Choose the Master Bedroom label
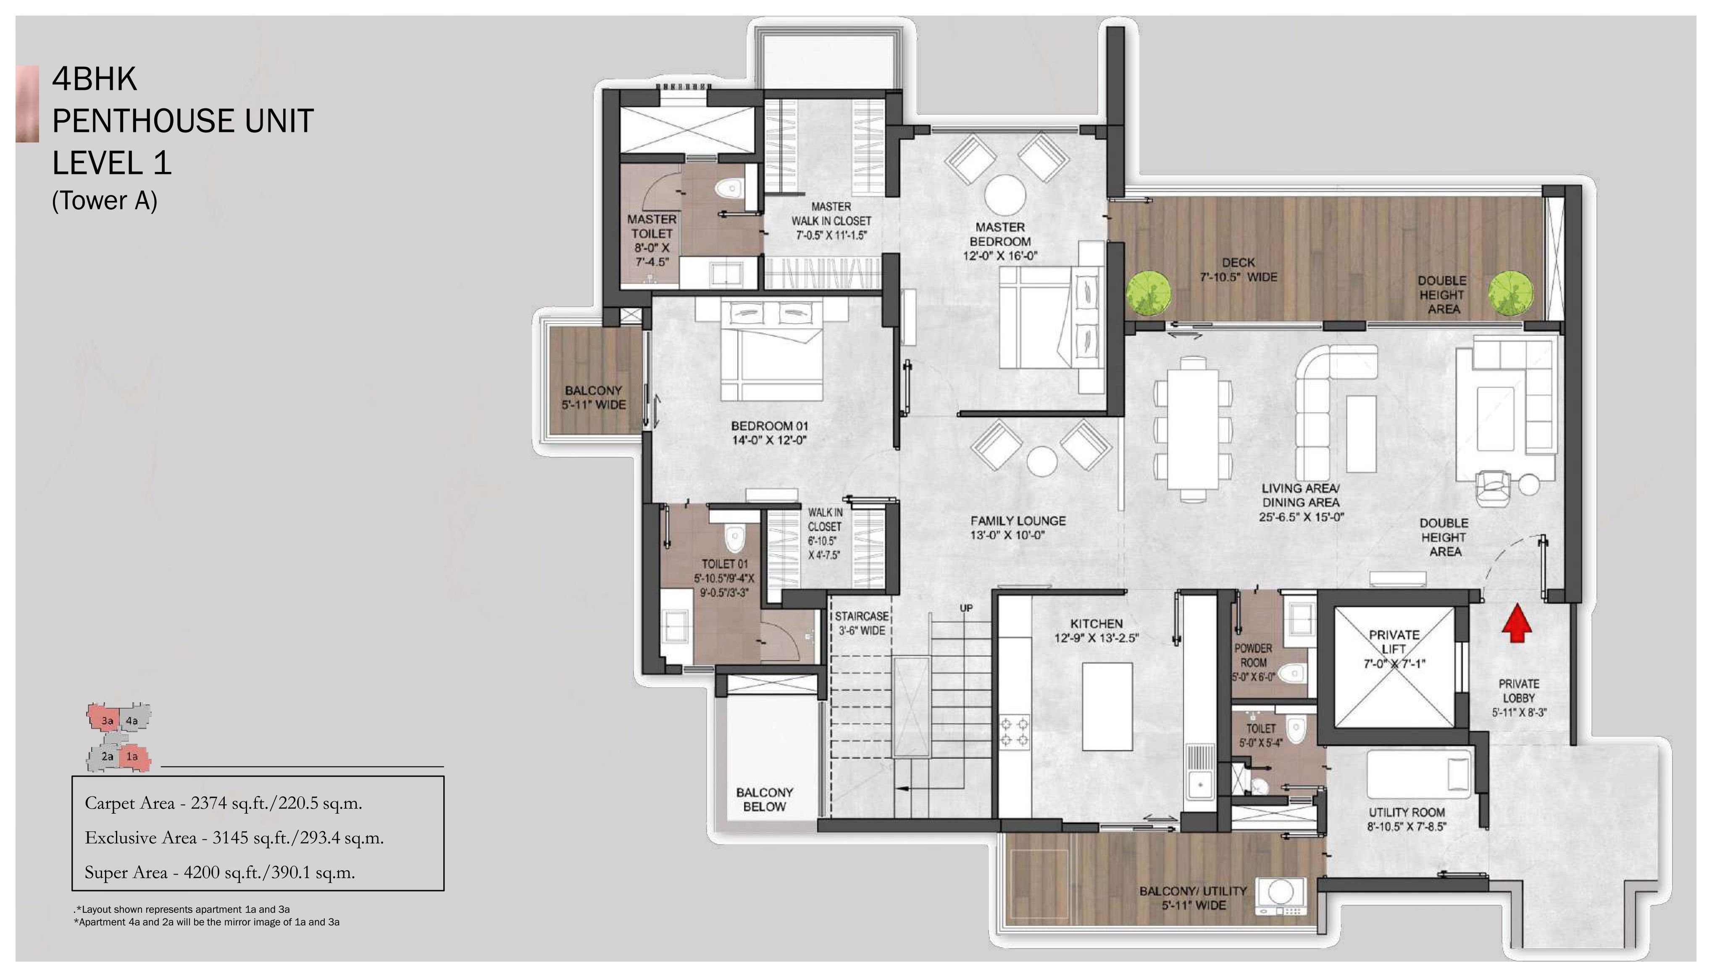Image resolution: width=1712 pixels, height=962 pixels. tap(1000, 241)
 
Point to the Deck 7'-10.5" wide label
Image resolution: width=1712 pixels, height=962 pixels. tap(1238, 270)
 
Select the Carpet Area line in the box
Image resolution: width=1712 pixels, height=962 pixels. tap(224, 803)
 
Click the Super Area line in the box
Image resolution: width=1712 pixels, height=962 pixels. tap(220, 872)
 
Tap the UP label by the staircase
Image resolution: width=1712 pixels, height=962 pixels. tap(966, 608)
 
